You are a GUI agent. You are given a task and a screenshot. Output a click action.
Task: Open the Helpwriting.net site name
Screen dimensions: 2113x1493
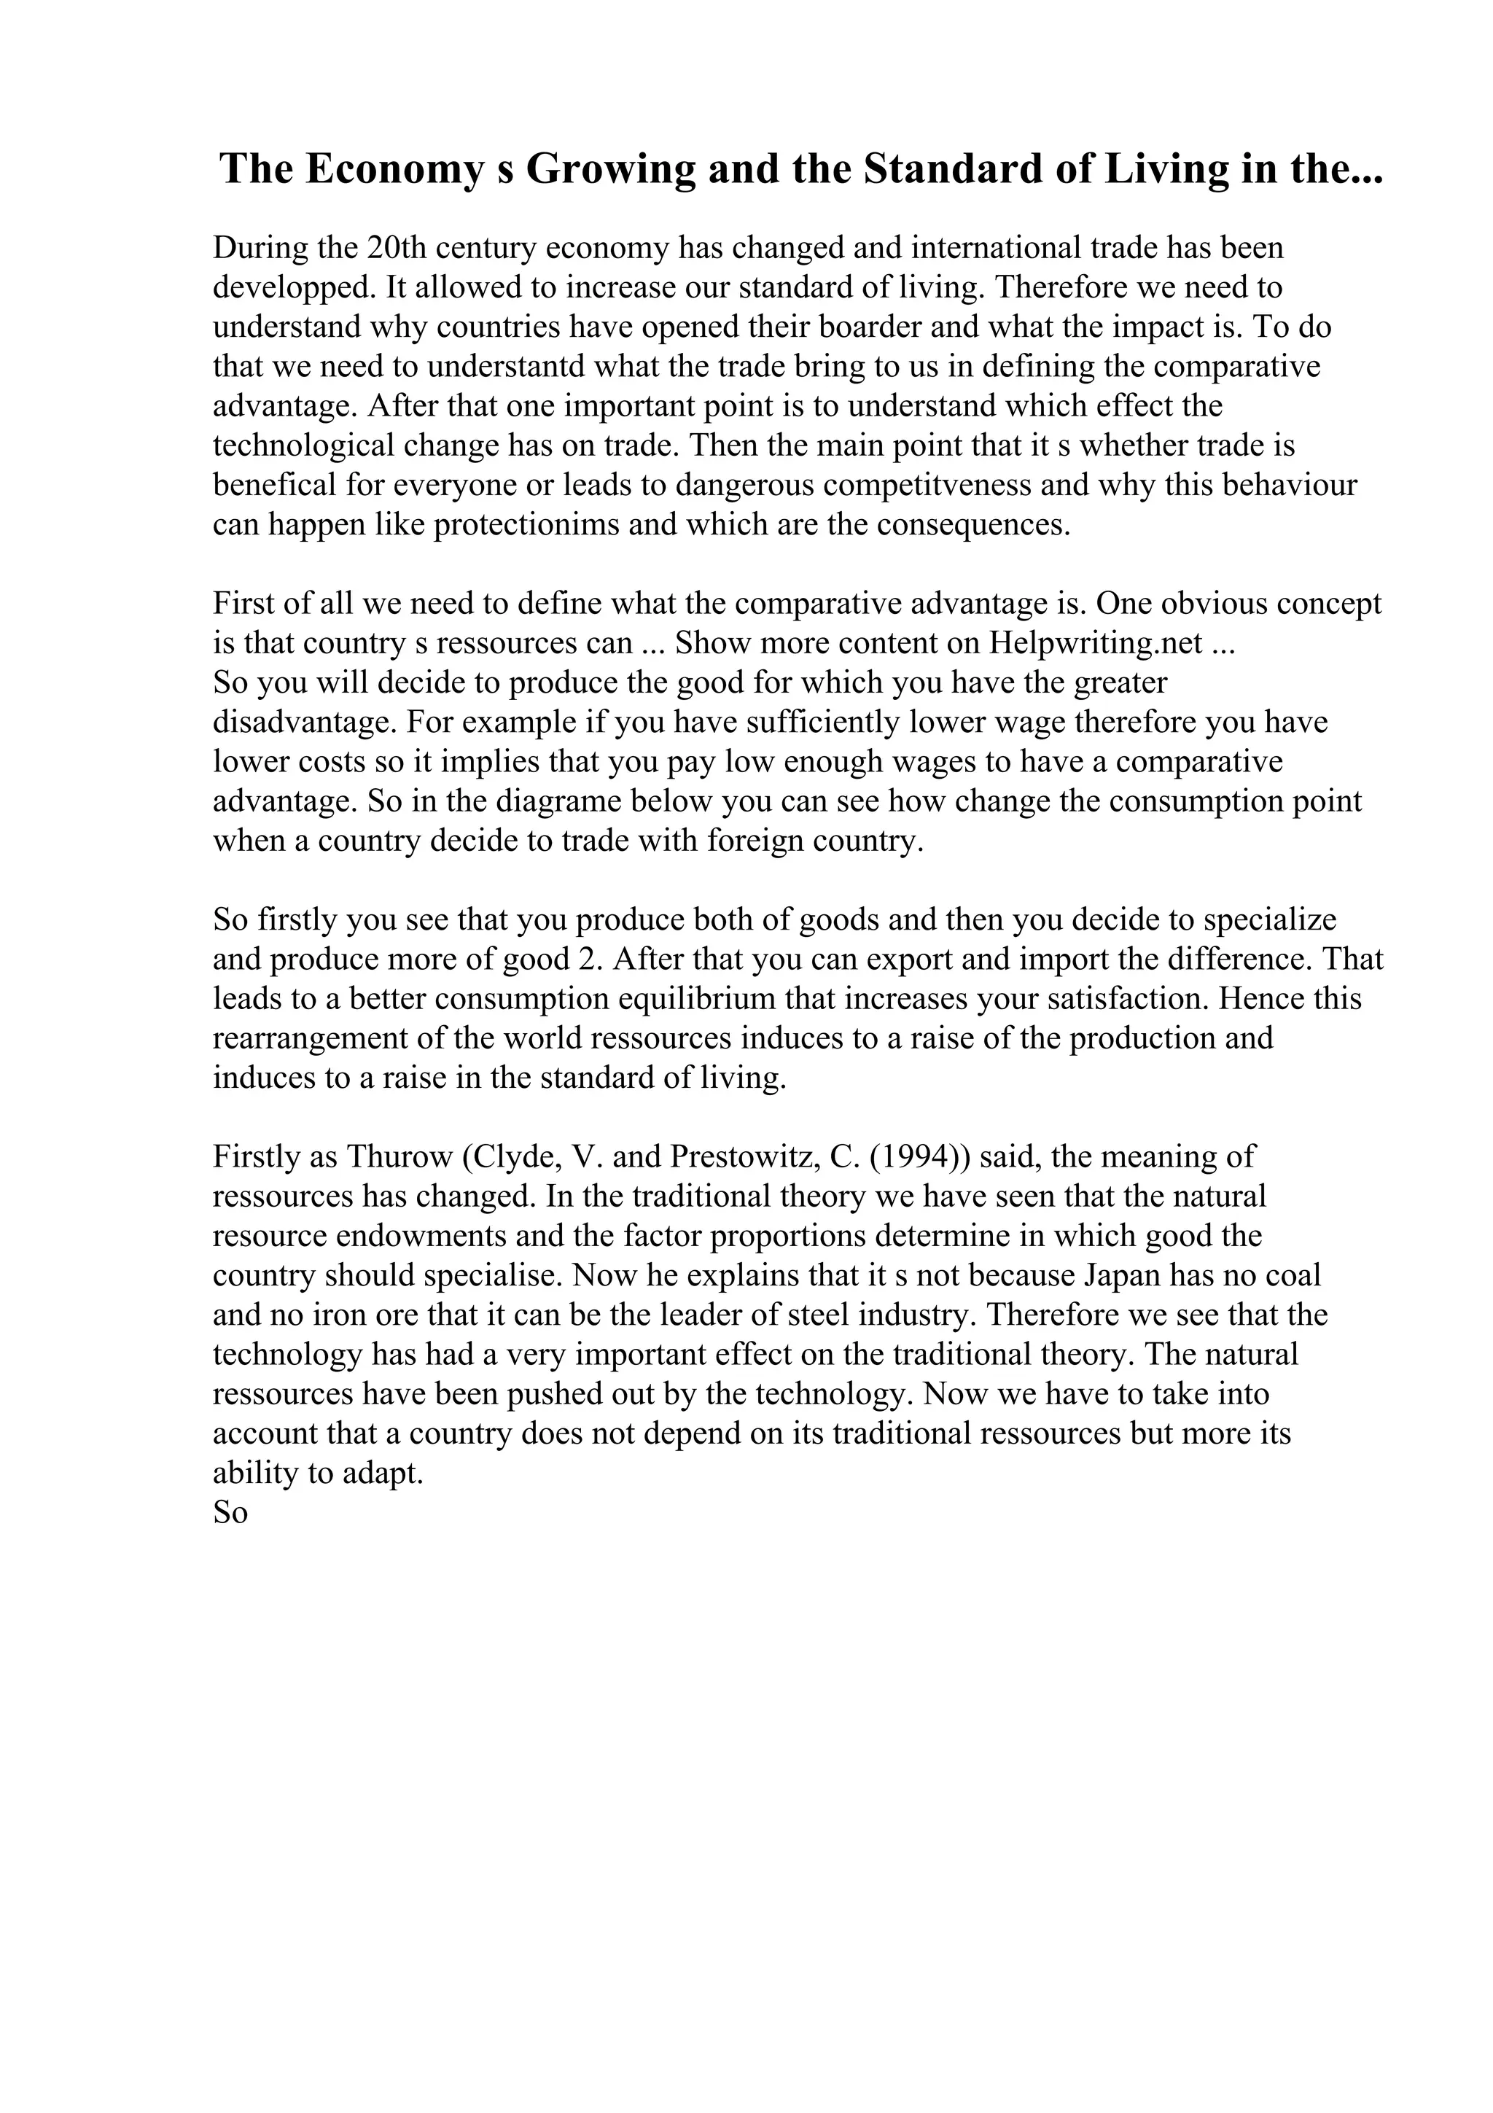pyautogui.click(x=1096, y=643)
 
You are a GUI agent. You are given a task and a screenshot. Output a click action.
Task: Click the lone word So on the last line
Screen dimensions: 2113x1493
pyautogui.click(x=231, y=1514)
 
